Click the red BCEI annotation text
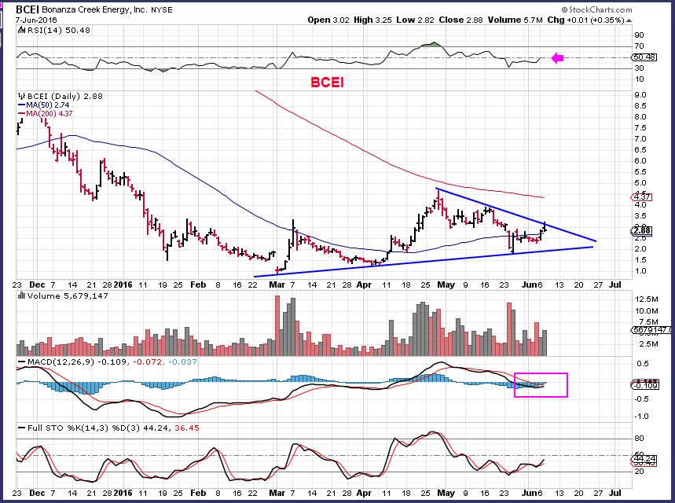click(325, 81)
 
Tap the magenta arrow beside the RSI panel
click(557, 57)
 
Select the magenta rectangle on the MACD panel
click(541, 384)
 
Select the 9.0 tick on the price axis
click(639, 95)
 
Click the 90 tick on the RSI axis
click(639, 35)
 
